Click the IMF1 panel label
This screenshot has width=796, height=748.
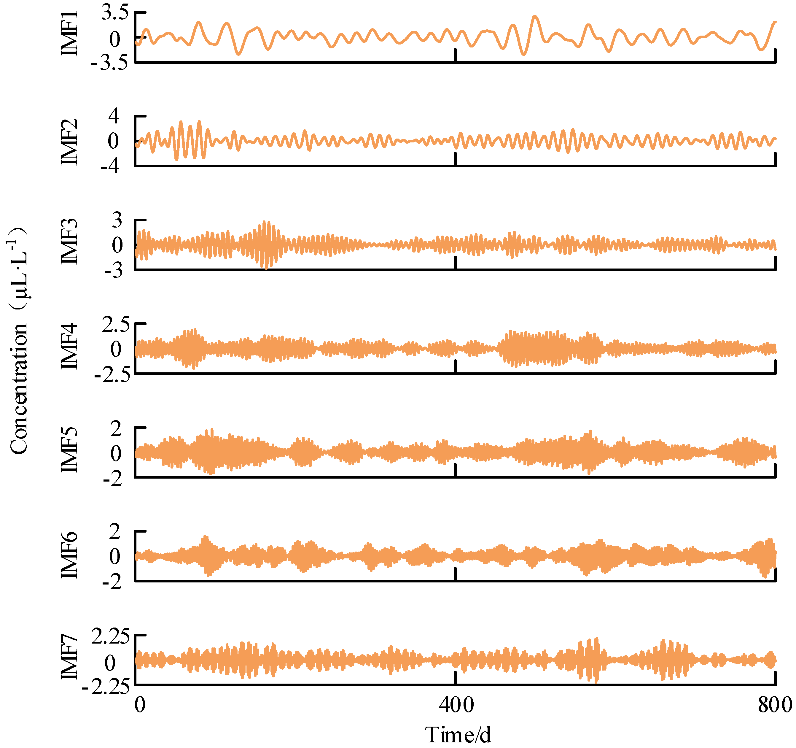(69, 33)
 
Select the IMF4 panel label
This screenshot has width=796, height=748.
(69, 346)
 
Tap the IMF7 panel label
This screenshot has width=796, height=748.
(69, 657)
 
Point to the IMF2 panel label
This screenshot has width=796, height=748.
(69, 142)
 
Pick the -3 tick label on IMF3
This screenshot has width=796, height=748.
(113, 271)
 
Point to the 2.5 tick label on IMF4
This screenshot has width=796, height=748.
(116, 325)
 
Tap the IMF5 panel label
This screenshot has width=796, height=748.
(69, 450)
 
